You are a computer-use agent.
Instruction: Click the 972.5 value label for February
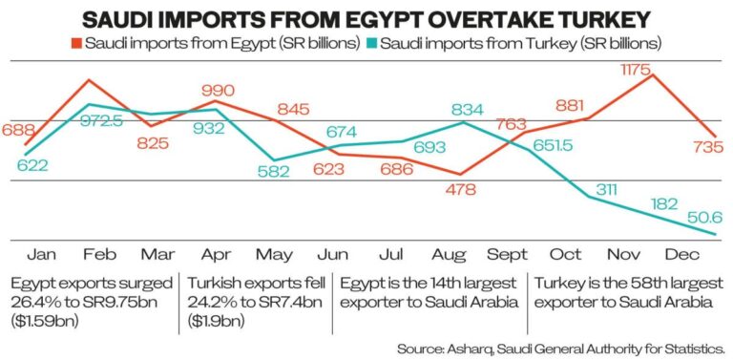click(102, 122)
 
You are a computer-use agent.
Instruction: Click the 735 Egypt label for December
click(708, 146)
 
